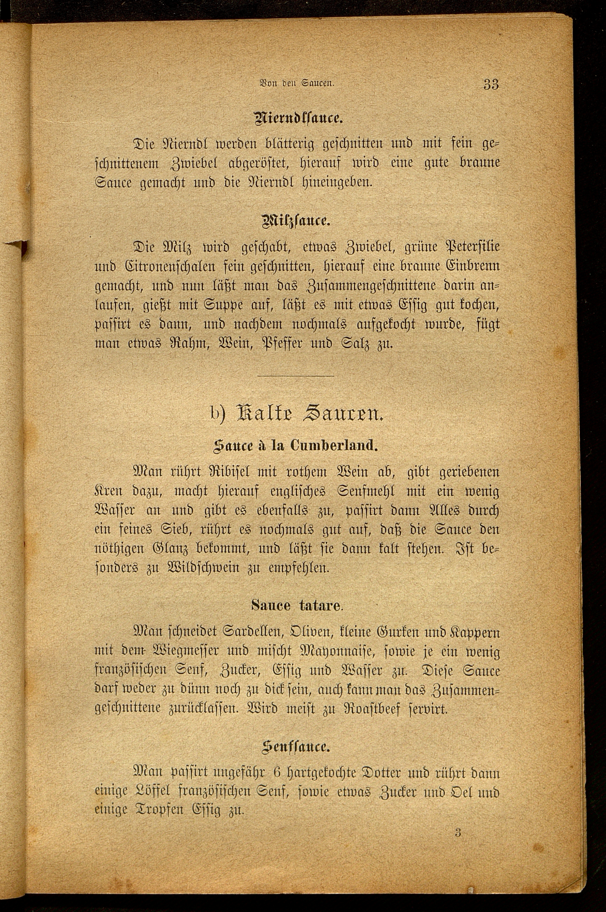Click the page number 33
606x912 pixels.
point(491,84)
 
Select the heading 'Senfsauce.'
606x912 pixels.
point(296,746)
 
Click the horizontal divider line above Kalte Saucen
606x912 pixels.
point(296,375)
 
